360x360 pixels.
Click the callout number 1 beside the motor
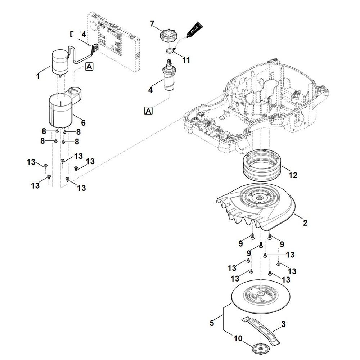coord(38,76)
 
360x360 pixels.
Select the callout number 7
coord(152,24)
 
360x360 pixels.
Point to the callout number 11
coord(186,60)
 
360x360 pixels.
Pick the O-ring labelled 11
coord(169,51)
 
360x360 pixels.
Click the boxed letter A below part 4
coord(148,111)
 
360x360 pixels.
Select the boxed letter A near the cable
coord(89,66)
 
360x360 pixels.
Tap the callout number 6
coord(83,123)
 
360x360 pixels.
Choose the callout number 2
coord(305,223)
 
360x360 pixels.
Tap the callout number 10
coord(238,339)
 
